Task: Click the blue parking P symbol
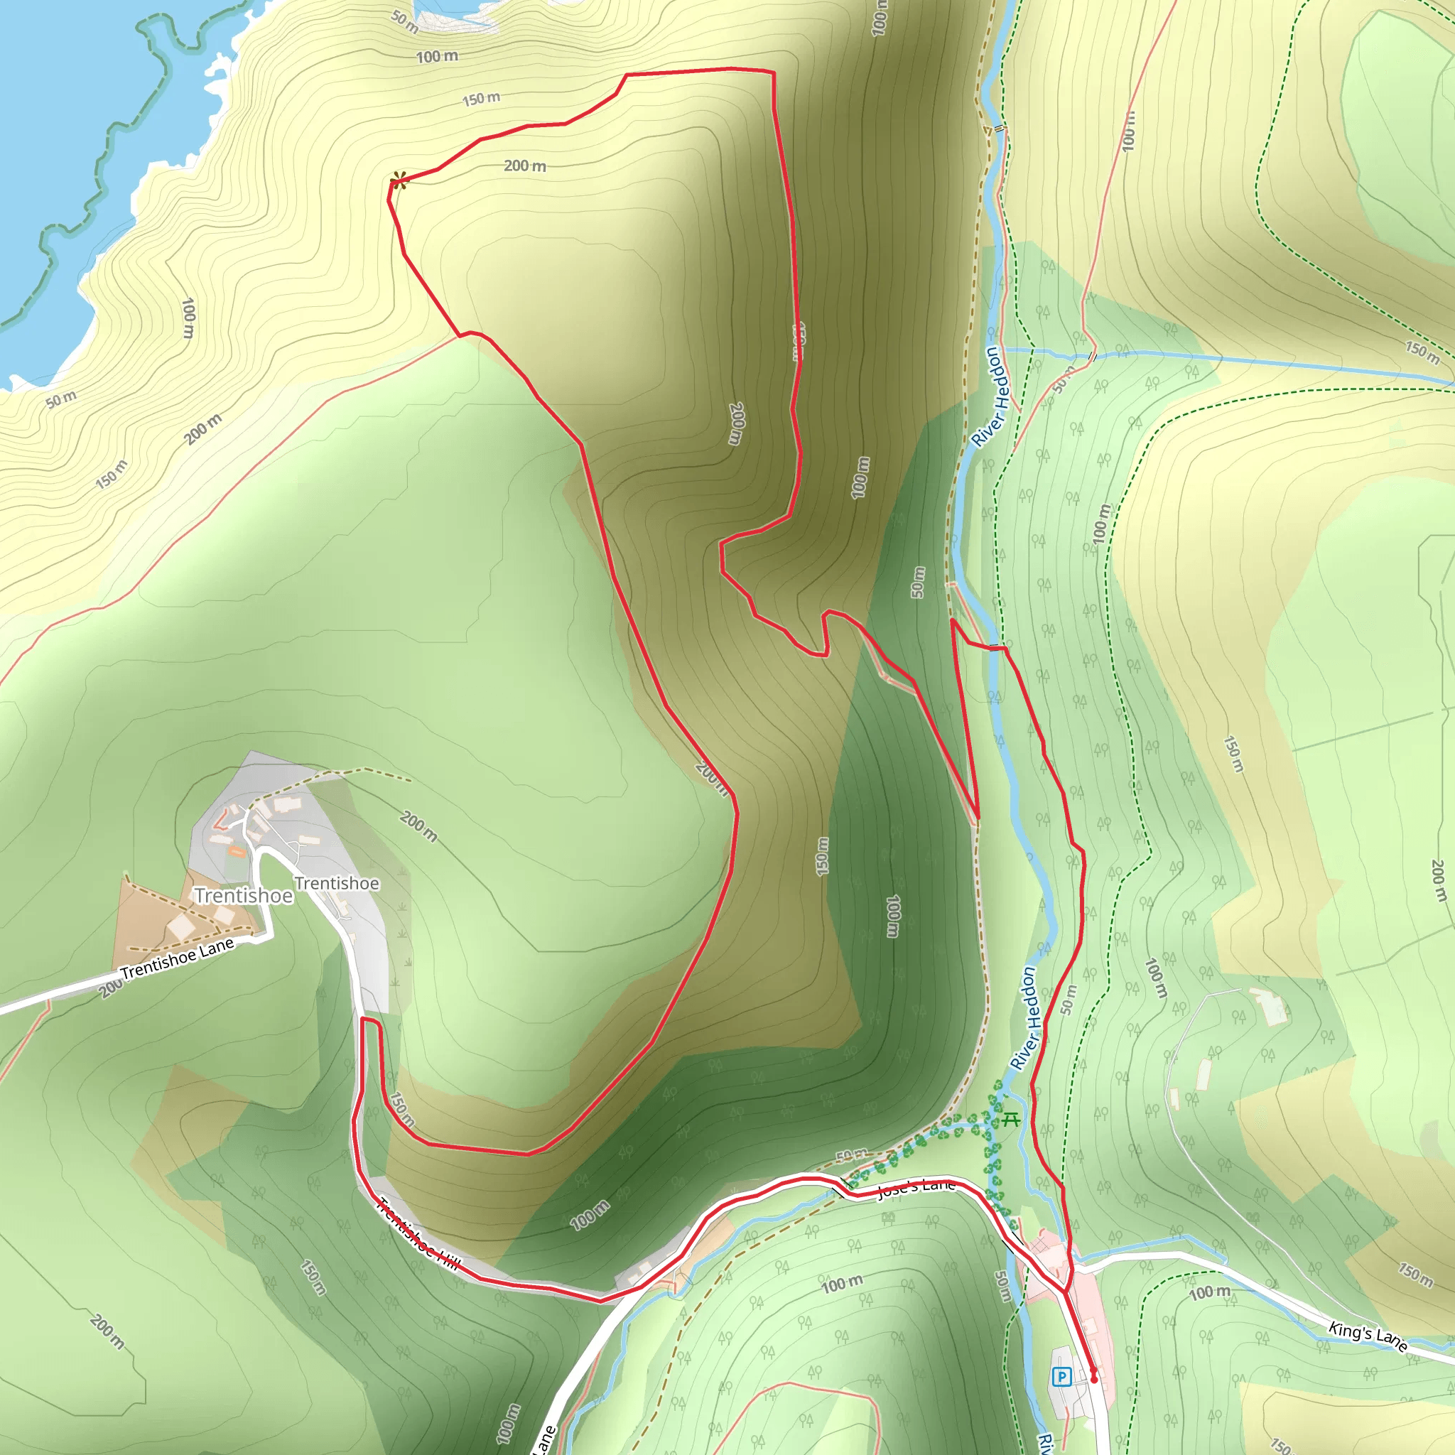(x=1062, y=1378)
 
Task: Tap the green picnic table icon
(x=1011, y=1120)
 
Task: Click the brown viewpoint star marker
(x=399, y=180)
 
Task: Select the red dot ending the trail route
(x=1093, y=1380)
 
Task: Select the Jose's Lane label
(x=916, y=1188)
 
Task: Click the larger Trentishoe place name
(x=243, y=896)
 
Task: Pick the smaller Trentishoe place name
(x=337, y=883)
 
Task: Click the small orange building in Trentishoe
(x=236, y=852)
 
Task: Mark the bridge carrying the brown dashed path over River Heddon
(x=1000, y=129)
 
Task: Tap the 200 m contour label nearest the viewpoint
(x=525, y=166)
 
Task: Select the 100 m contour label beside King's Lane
(x=1209, y=1293)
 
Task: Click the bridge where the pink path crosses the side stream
(x=1093, y=357)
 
